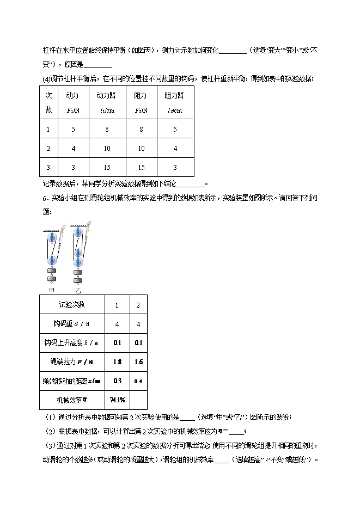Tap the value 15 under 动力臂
[x=106, y=167]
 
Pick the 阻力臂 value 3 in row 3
[x=174, y=167]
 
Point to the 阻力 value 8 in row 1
[x=141, y=130]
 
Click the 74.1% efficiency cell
[x=117, y=400]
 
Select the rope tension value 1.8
[x=117, y=361]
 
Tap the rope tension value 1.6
[x=138, y=361]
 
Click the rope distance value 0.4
[x=138, y=381]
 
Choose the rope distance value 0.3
[x=117, y=381]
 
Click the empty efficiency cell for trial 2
[x=138, y=400]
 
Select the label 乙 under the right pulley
[x=78, y=290]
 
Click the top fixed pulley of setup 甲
[x=53, y=238]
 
